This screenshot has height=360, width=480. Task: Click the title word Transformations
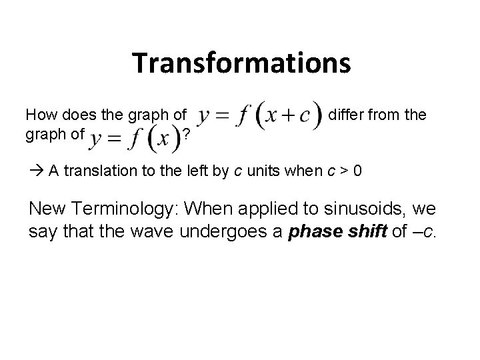tap(241, 63)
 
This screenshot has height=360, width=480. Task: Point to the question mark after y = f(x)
tap(187, 135)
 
